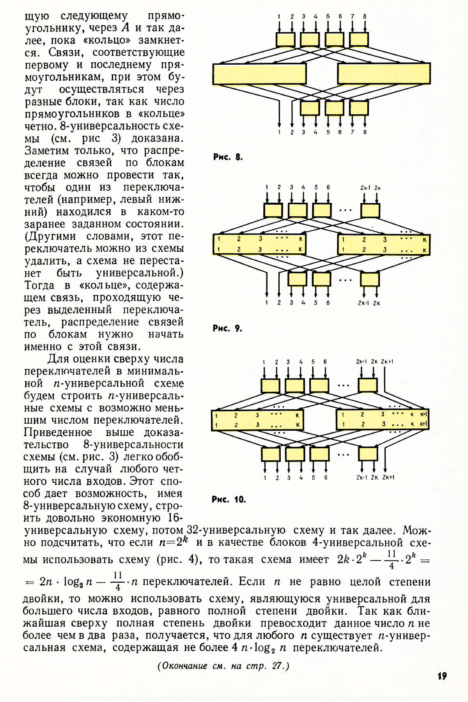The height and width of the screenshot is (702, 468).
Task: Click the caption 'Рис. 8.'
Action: click(228, 157)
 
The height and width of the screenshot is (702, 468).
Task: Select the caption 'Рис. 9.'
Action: click(227, 328)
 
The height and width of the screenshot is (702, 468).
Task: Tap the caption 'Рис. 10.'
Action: click(229, 499)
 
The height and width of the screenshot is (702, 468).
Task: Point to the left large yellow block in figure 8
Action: click(259, 74)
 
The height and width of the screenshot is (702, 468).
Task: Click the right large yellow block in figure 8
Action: click(384, 74)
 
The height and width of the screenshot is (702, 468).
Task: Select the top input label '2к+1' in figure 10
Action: click(387, 361)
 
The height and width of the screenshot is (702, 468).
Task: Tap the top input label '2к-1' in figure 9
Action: click(365, 188)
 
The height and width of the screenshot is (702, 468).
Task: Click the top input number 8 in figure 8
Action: click(365, 16)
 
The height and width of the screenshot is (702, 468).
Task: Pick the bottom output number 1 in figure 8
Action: click(279, 133)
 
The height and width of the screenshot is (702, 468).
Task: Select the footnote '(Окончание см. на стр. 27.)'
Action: click(223, 666)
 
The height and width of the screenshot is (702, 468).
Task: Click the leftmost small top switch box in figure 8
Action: click(285, 39)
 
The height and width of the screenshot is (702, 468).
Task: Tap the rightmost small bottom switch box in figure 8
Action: click(359, 108)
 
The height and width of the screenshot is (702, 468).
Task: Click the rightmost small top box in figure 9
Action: click(370, 210)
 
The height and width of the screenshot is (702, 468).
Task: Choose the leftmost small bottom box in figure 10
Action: click(271, 454)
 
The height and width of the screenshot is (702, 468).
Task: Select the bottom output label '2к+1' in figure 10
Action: click(388, 477)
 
